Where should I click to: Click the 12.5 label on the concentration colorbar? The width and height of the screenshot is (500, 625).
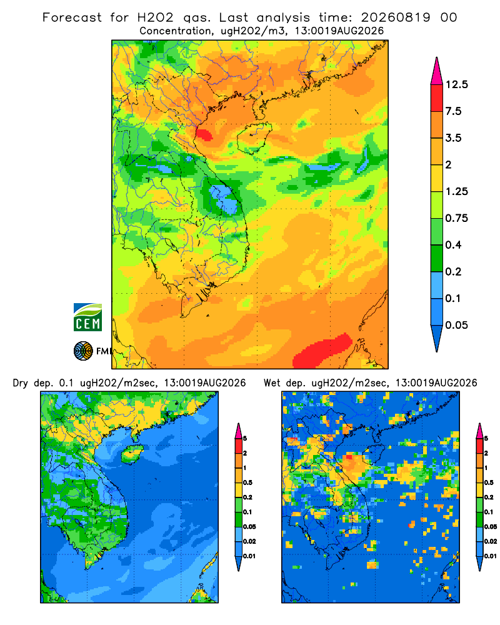[456, 84]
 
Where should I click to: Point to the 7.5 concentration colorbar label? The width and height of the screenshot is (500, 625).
[453, 111]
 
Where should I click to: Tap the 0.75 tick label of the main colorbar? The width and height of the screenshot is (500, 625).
[456, 218]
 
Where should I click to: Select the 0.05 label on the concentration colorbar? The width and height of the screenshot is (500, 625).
[456, 325]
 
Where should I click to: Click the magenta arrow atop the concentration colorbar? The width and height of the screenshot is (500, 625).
[437, 71]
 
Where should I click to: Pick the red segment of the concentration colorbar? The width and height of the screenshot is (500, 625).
[437, 98]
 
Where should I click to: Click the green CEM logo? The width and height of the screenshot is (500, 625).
[87, 317]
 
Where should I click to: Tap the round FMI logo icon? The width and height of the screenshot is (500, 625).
[83, 351]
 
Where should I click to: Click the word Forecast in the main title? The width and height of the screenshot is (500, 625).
[72, 17]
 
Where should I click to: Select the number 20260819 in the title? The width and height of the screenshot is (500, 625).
[396, 17]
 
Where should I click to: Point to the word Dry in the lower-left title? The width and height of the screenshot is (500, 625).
[21, 383]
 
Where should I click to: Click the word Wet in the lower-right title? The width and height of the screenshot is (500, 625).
[272, 383]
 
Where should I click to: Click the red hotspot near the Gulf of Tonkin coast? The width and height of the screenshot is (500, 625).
[204, 135]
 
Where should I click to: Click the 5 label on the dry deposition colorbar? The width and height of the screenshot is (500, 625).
[245, 439]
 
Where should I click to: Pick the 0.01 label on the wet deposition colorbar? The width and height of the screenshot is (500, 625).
[491, 556]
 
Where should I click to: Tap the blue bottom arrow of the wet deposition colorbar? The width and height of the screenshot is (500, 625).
[480, 563]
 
